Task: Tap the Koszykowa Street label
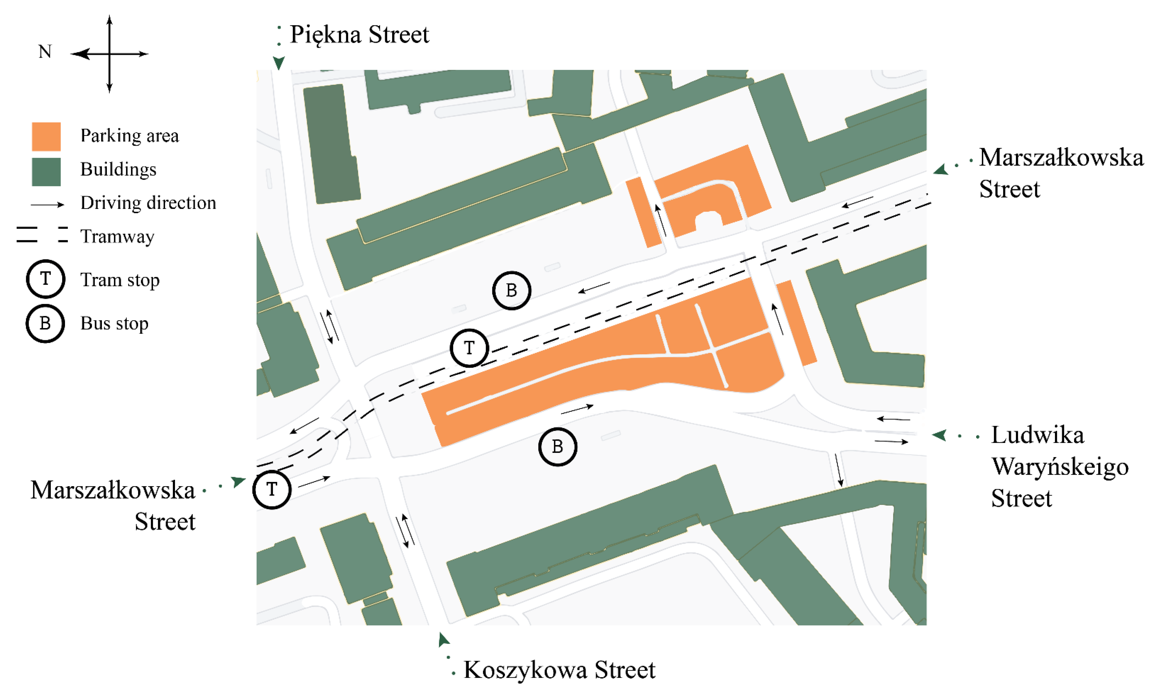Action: point(559,670)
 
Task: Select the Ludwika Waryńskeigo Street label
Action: point(1059,466)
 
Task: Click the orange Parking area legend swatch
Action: point(46,137)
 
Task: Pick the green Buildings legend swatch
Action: point(46,172)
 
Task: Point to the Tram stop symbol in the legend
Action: point(45,279)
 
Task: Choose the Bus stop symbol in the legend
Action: point(45,323)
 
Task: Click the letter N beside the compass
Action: point(45,52)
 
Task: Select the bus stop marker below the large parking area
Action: point(557,446)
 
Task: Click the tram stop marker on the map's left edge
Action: point(272,489)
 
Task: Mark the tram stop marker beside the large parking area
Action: point(469,348)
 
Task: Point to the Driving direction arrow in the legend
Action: point(47,204)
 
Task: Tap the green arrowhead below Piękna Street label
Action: point(279,63)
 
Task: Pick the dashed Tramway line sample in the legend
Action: point(42,234)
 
